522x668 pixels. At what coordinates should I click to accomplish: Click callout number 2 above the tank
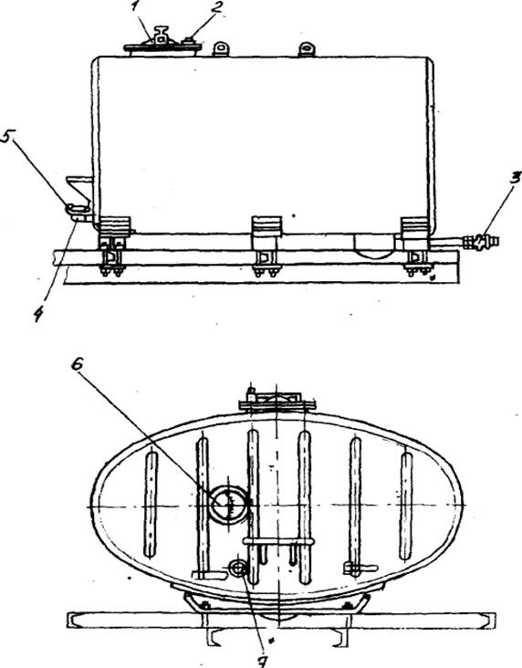[219, 8]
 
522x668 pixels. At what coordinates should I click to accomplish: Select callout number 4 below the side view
[38, 314]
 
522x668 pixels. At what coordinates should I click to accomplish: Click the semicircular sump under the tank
[374, 245]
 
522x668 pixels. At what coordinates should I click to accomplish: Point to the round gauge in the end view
[229, 503]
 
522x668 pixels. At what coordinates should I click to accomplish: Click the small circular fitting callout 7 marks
[237, 568]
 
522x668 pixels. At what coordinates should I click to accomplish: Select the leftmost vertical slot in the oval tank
[151, 505]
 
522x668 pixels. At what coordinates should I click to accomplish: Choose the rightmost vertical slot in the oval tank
[406, 506]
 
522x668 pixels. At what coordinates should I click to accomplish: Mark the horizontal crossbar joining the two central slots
[278, 541]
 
